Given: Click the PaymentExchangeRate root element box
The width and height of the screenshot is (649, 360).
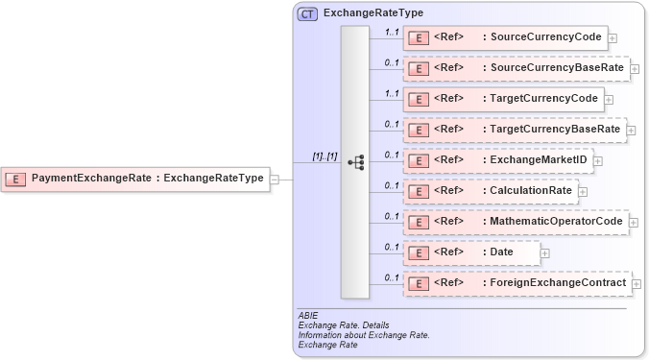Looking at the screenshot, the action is click(x=135, y=178).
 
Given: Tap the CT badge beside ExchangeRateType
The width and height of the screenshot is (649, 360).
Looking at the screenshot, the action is click(x=308, y=13).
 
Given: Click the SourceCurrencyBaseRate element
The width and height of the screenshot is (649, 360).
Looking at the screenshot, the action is click(x=516, y=69).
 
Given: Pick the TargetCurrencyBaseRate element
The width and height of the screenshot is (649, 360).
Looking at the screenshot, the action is click(x=514, y=130).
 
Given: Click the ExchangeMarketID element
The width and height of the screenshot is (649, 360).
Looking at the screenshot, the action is click(x=497, y=160).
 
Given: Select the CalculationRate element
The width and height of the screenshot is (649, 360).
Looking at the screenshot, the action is click(x=491, y=191).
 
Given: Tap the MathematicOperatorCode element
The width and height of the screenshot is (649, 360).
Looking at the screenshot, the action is click(x=516, y=222).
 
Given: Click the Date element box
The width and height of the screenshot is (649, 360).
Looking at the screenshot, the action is click(x=470, y=252).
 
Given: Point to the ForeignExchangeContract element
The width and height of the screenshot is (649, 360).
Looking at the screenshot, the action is click(x=517, y=283).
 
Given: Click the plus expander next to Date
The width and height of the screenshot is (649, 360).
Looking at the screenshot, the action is click(x=545, y=253).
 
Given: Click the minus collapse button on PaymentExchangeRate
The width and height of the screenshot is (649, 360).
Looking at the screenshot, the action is click(x=275, y=179).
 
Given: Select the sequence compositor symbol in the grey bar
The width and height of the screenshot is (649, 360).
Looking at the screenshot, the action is click(x=355, y=162).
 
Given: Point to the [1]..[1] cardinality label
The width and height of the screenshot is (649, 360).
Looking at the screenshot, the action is click(x=324, y=156).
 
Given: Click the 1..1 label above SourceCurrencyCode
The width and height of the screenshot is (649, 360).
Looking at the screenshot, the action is click(x=391, y=32).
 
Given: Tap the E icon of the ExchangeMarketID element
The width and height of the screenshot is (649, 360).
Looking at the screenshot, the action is click(x=419, y=160).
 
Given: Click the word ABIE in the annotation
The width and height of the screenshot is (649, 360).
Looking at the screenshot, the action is click(x=308, y=315).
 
